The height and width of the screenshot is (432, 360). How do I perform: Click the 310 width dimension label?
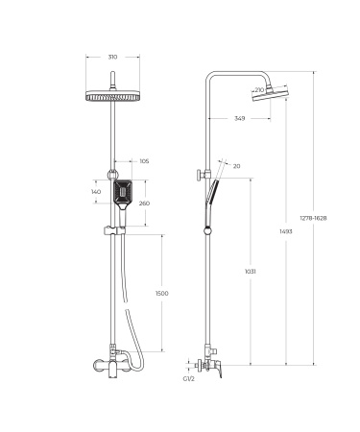click(112, 57)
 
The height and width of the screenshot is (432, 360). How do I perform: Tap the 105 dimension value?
click(144, 161)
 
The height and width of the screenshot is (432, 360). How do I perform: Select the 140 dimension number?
click(96, 193)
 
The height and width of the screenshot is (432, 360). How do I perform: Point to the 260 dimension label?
click(144, 203)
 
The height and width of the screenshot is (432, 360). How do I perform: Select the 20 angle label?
click(237, 166)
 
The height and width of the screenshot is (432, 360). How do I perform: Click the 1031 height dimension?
click(249, 272)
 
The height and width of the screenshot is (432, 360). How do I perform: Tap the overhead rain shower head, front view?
click(112, 97)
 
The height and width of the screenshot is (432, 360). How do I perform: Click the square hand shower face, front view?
click(114, 193)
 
